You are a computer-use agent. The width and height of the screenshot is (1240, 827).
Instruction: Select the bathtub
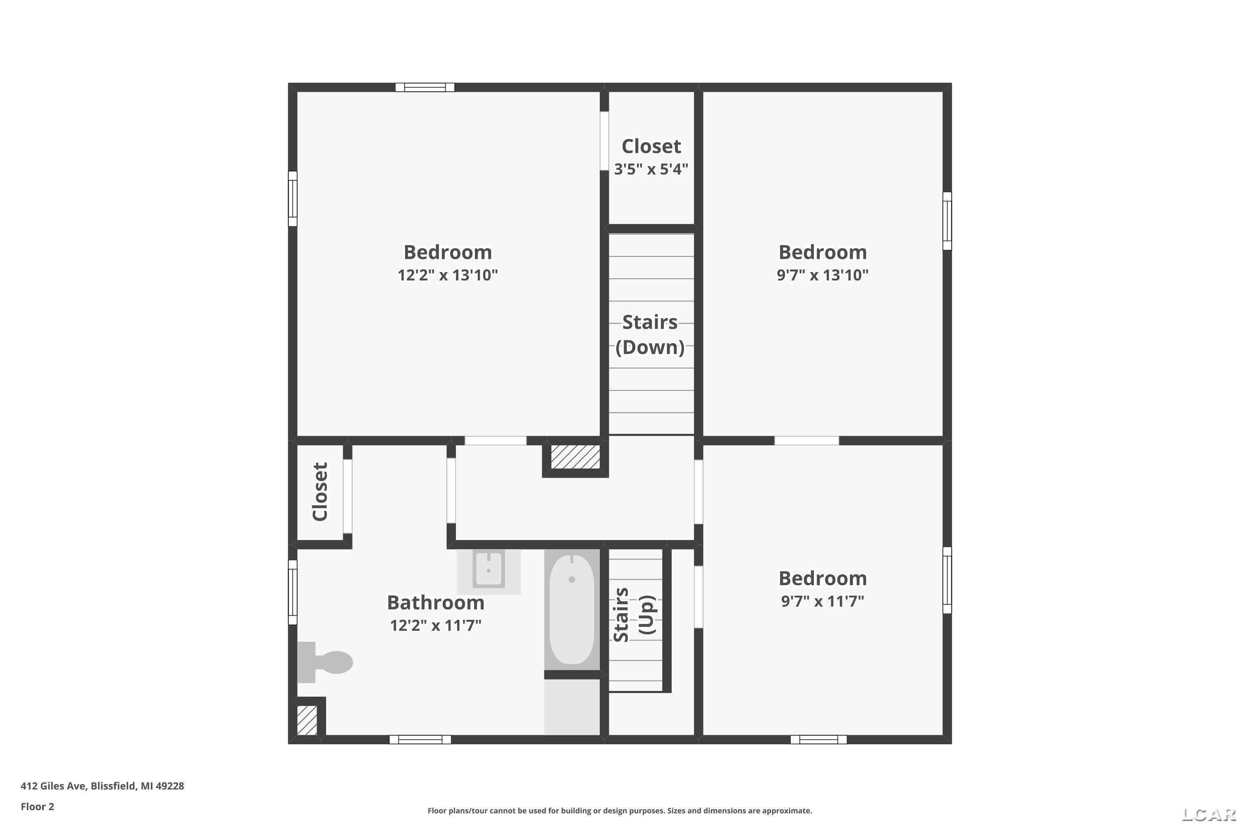tap(572, 609)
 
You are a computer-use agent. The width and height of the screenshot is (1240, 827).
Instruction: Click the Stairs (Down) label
tap(650, 335)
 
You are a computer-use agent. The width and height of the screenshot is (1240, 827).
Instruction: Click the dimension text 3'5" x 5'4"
tap(651, 169)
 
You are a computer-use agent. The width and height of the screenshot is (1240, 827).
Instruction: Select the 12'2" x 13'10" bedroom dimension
tap(448, 275)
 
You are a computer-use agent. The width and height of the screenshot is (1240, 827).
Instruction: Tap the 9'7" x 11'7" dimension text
tap(823, 601)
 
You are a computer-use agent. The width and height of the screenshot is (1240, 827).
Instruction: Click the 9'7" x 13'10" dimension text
tap(823, 275)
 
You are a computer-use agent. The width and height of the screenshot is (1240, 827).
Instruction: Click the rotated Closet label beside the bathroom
tap(320, 492)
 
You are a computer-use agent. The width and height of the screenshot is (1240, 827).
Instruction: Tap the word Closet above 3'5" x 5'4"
tap(651, 146)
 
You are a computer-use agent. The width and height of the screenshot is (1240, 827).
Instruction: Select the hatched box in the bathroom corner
tap(307, 720)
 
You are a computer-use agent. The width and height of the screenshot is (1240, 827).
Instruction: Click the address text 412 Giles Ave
tap(53, 786)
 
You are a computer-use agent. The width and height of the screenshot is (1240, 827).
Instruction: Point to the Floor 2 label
tap(38, 806)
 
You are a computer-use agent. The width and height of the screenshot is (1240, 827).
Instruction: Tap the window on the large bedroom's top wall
tap(425, 88)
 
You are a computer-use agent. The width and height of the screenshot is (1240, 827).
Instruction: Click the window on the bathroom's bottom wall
tap(420, 739)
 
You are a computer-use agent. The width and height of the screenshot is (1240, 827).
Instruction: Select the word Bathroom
tap(436, 602)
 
